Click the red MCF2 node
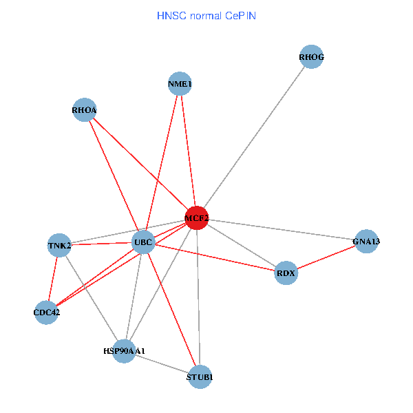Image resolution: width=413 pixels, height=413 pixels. click(x=196, y=218)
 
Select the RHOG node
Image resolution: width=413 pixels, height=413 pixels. click(x=311, y=57)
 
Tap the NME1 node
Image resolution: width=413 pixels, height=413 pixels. click(x=180, y=84)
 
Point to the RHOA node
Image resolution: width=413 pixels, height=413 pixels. click(x=84, y=109)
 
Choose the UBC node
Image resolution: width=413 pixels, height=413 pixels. click(x=142, y=242)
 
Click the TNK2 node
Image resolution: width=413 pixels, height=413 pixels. click(x=59, y=244)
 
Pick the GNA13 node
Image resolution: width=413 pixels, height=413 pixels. click(x=366, y=241)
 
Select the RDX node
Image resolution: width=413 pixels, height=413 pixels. click(x=286, y=273)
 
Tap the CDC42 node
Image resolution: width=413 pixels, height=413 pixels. click(x=46, y=313)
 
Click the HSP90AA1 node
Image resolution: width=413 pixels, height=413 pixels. click(x=124, y=351)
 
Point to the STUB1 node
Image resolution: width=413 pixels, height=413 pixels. click(x=200, y=377)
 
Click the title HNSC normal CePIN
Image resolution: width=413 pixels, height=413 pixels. click(x=206, y=14)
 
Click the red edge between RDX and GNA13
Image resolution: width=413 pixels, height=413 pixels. click(x=326, y=257)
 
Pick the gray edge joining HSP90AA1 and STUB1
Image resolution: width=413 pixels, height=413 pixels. click(x=162, y=363)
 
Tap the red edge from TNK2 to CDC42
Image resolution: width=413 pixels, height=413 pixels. click(x=53, y=278)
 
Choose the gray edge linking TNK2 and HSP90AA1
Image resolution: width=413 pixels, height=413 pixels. click(x=92, y=297)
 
